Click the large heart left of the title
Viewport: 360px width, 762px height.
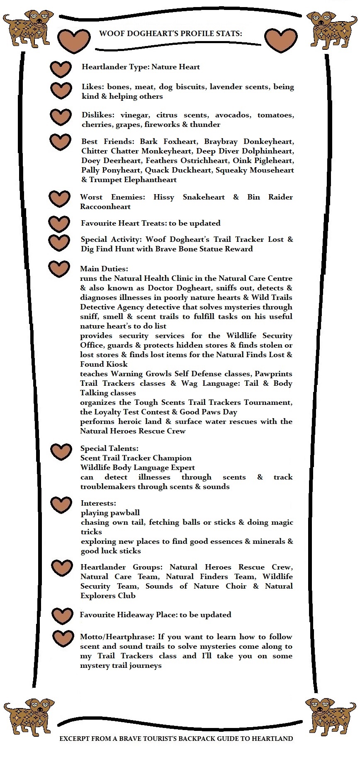(x=74, y=40)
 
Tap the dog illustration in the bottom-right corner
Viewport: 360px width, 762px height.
(x=331, y=716)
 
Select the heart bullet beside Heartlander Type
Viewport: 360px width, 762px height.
(x=61, y=69)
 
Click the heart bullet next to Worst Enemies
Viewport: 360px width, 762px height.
(x=59, y=199)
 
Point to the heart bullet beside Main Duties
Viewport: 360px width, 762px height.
(x=59, y=268)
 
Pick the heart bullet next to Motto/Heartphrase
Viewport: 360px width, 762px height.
(x=63, y=638)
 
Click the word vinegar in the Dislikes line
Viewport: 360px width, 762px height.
(x=135, y=115)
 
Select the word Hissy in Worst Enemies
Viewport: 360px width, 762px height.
(x=164, y=197)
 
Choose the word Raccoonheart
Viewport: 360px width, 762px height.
(x=105, y=207)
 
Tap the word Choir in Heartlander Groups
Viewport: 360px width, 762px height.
(x=236, y=586)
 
